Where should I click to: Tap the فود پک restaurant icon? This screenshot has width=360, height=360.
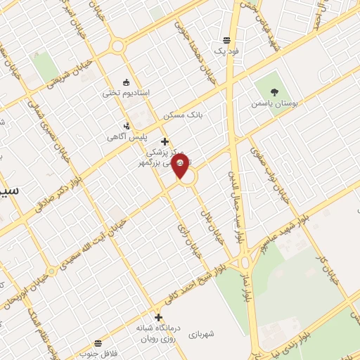tap(226, 40)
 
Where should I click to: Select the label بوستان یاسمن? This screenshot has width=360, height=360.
tap(275, 103)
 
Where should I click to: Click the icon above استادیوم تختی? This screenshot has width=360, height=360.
tap(126, 82)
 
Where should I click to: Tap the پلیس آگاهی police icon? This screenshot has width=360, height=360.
tap(126, 127)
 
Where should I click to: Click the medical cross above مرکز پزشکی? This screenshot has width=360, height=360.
tap(165, 141)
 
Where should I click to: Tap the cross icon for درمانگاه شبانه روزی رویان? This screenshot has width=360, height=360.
tap(158, 317)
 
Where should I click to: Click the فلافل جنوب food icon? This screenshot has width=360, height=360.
tap(97, 343)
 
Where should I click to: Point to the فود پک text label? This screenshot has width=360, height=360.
tap(227, 52)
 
